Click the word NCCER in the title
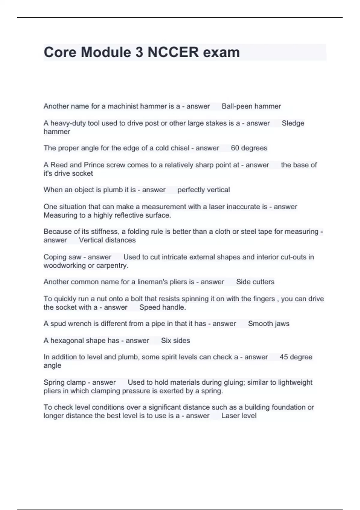[x=173, y=52]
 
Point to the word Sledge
[x=293, y=123]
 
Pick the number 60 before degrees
[x=235, y=148]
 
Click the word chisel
[x=179, y=148]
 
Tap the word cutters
[x=263, y=282]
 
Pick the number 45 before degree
[x=283, y=357]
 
